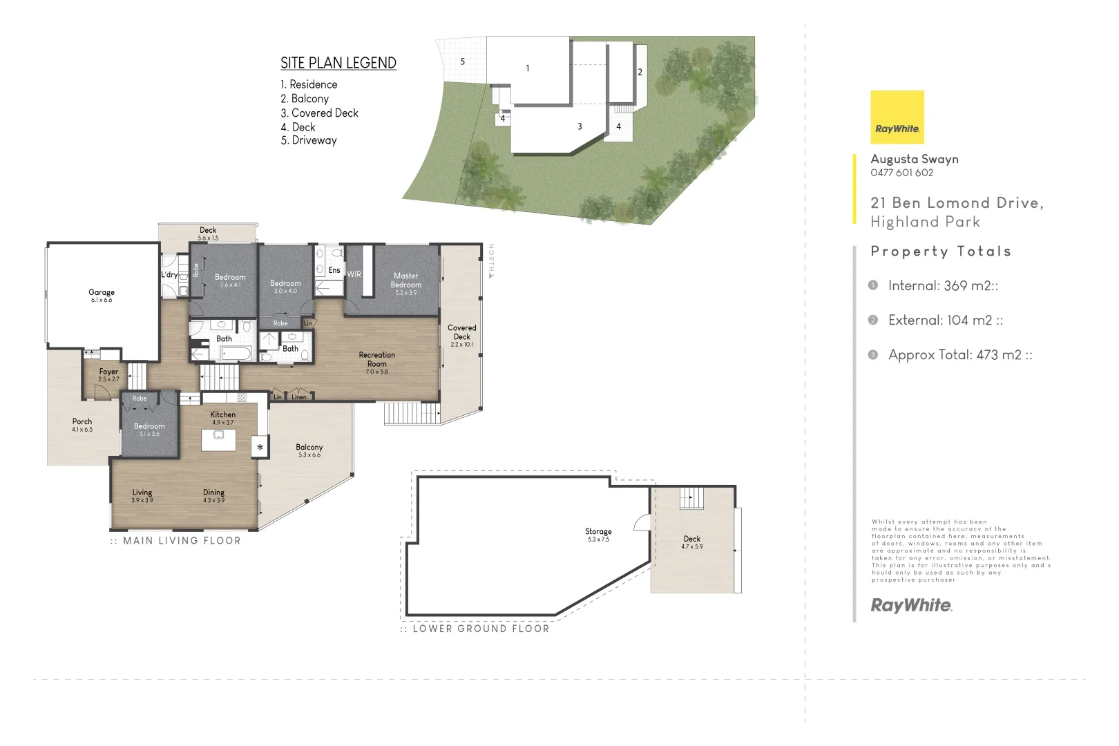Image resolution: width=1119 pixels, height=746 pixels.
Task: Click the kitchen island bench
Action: [218, 439]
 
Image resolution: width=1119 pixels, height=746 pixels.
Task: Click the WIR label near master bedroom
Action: [354, 274]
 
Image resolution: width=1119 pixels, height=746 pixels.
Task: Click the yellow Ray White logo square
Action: [897, 117]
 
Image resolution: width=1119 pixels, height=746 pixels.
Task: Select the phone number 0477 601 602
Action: [901, 173]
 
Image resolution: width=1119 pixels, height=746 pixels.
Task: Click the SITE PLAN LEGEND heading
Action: [338, 63]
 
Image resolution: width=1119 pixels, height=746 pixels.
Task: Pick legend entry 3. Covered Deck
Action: [319, 113]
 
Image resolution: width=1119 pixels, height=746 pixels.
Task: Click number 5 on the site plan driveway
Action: [463, 61]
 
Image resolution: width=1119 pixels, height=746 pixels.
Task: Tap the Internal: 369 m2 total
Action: [942, 286]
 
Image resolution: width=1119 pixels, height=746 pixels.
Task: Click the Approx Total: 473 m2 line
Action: [959, 355]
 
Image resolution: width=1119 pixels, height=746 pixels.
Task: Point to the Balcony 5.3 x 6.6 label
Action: [309, 450]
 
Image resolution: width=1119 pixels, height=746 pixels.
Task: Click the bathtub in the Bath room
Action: [236, 354]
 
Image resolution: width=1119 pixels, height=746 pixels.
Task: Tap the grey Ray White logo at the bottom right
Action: [911, 606]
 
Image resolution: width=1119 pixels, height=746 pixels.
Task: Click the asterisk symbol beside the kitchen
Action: [260, 448]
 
